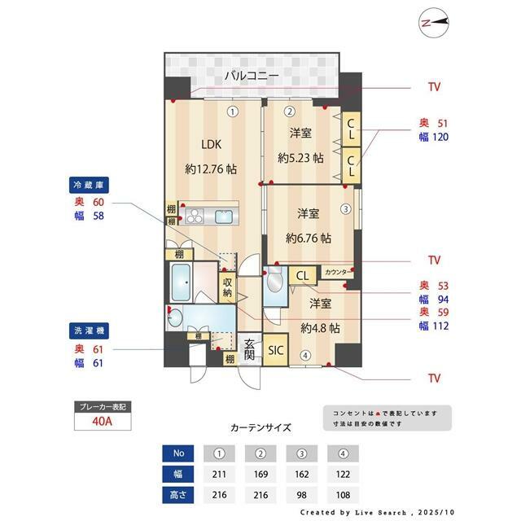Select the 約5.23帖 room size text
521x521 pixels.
pos(300,158)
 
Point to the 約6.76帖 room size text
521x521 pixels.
pos(308,239)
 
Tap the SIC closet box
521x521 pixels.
pos(275,351)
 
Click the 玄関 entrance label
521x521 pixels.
pos(250,351)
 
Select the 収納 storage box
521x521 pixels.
pos(228,287)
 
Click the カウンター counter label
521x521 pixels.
pos(339,272)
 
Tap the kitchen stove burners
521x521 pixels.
pos(195,216)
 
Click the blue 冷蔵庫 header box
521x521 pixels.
pos(90,185)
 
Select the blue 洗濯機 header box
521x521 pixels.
pos(90,331)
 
